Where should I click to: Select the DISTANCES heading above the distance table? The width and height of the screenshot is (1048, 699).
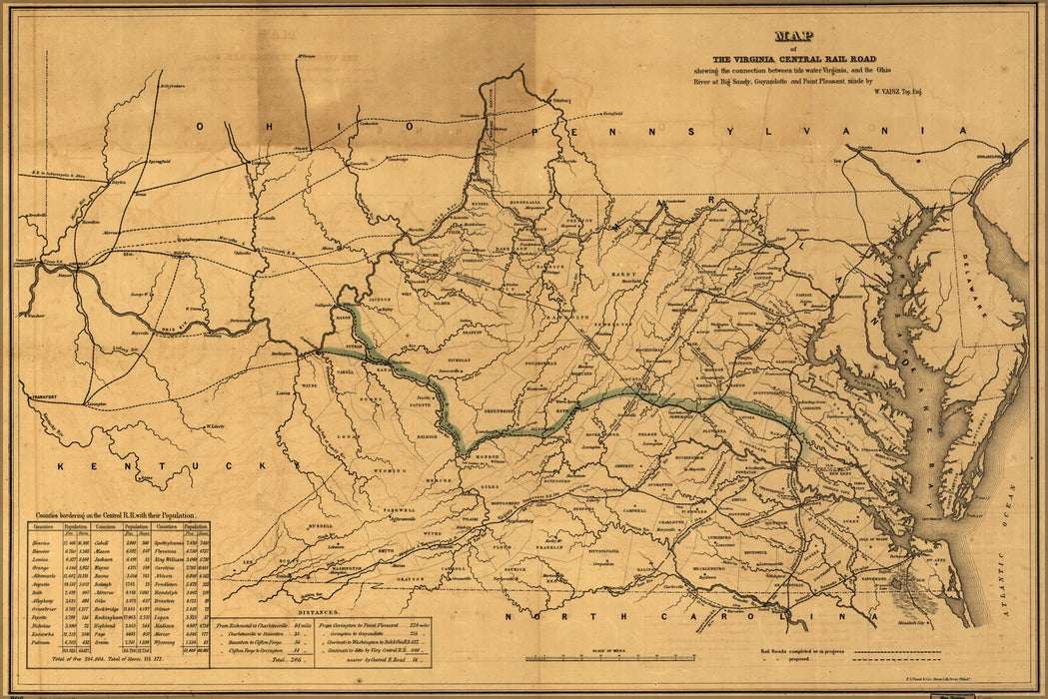[321, 609]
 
